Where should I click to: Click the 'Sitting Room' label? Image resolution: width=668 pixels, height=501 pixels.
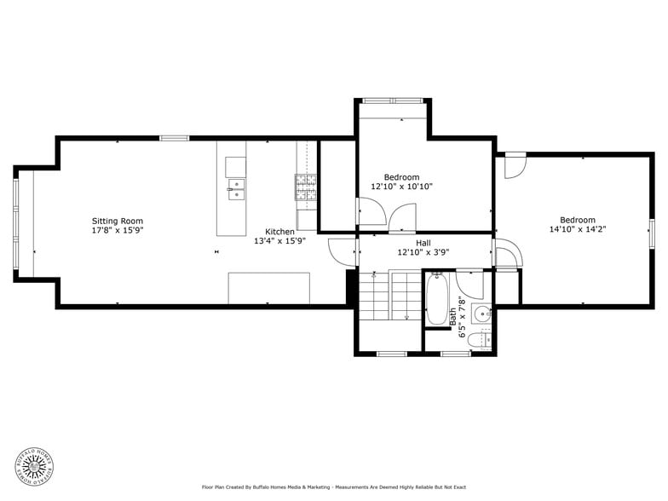click(118, 221)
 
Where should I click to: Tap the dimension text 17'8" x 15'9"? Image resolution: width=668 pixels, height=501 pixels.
click(118, 230)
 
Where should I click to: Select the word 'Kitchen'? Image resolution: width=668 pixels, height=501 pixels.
click(279, 232)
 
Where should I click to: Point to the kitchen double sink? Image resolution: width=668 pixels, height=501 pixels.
click(236, 189)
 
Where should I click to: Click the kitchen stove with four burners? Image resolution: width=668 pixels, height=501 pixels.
click(306, 187)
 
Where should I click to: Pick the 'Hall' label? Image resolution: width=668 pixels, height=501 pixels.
click(423, 243)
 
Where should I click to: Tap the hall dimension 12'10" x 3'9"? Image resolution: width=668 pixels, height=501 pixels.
click(423, 252)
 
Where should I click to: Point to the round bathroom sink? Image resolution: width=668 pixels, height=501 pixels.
click(483, 312)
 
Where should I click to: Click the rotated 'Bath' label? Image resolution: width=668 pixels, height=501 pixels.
click(453, 315)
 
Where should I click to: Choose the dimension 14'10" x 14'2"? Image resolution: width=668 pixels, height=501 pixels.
click(577, 228)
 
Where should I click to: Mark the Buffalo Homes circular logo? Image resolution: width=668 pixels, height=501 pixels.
click(35, 465)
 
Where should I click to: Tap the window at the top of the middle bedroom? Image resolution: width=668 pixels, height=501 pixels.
click(393, 101)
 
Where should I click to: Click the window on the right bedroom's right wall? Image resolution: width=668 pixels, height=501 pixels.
click(652, 230)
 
